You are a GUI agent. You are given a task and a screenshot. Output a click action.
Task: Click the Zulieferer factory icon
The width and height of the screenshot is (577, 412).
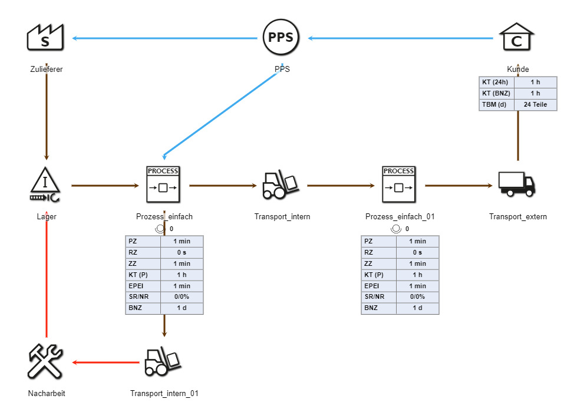coord(46,38)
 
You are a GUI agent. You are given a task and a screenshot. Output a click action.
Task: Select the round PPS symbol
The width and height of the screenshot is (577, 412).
coord(281,38)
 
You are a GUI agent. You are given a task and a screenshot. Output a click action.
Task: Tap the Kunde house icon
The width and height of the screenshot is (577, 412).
coord(517,38)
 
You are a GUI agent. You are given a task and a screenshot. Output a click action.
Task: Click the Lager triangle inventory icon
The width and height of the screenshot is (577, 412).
coord(46,184)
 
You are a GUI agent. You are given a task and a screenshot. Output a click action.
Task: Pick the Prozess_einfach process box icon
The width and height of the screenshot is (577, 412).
coord(163,184)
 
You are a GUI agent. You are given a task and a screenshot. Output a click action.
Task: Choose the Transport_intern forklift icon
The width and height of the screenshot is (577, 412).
coord(281,184)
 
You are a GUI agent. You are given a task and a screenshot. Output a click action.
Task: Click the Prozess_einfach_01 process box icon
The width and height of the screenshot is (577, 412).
coord(399,184)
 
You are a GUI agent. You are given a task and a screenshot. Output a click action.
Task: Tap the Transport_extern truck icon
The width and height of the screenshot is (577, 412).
coord(517,184)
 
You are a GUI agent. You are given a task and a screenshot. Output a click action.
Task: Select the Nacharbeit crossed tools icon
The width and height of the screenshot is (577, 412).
coord(46,361)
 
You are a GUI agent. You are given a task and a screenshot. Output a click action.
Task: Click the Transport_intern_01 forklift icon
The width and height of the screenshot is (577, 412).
coord(163,361)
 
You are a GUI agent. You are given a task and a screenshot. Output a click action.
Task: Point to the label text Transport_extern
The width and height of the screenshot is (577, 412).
coord(517,217)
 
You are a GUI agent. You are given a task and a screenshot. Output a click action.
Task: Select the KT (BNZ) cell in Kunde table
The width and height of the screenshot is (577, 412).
coord(497,93)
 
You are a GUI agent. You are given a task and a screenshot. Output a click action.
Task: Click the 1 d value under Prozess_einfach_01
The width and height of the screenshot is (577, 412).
coord(417,308)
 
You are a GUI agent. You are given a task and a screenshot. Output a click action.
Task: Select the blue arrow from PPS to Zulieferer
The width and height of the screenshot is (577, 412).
coord(165,39)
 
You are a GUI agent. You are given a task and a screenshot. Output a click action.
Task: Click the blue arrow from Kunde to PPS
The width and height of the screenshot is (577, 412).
coord(401,39)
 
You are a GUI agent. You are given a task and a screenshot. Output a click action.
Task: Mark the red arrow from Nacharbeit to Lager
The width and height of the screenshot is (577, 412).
coord(46,277)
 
